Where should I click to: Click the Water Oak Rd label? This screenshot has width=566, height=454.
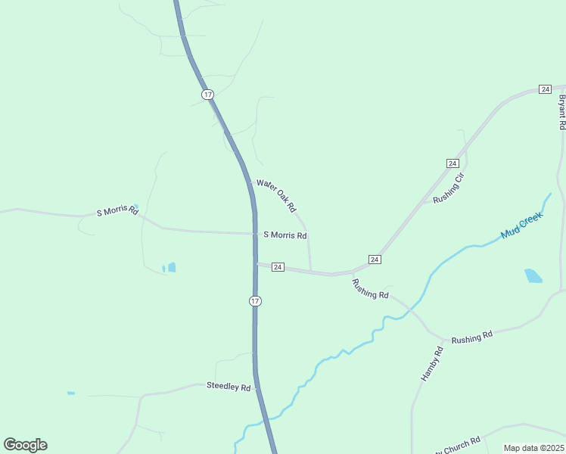coord(275,194)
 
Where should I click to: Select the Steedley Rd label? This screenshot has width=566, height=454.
coord(229,387)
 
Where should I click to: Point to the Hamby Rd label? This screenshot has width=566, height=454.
coord(431,363)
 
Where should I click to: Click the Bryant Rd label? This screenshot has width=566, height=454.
coord(561,112)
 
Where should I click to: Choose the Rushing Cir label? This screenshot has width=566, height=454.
coord(448,189)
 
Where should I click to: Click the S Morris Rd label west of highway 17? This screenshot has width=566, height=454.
coord(117,211)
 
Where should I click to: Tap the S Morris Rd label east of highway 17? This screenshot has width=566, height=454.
coord(285,235)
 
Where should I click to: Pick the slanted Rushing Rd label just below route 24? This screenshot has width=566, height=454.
coord(371,288)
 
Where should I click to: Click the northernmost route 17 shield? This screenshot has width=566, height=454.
coord(207,94)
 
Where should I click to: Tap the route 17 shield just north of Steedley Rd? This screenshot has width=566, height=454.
coord(255,301)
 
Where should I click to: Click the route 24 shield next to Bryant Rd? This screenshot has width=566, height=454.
coord(545,89)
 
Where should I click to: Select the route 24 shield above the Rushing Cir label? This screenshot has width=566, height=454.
coord(452,163)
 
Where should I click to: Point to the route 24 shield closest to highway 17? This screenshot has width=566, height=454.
coord(278,267)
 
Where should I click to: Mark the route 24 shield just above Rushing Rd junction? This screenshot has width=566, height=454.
coord(375,260)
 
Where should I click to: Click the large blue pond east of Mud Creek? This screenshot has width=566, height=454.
coord(533,275)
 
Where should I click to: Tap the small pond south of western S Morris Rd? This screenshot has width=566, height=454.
coord(171,267)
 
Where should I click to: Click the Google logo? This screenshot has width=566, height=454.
coord(25,445)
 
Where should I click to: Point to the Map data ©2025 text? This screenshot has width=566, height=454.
coord(533,448)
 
